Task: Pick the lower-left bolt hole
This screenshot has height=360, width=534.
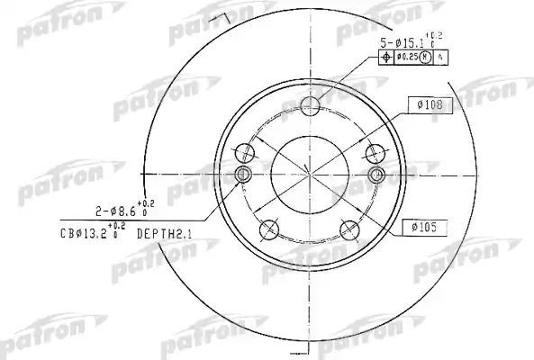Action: (269, 232)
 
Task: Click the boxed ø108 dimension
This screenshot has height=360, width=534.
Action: (428, 104)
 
